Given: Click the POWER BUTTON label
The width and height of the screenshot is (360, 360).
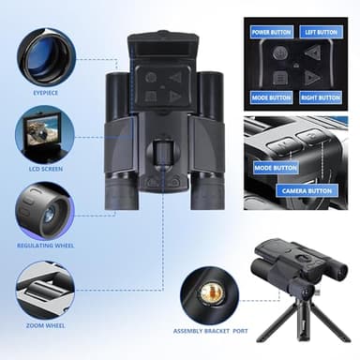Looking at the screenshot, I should (x=272, y=31).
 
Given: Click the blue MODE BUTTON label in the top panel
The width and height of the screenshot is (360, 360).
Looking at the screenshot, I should (x=272, y=97).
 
